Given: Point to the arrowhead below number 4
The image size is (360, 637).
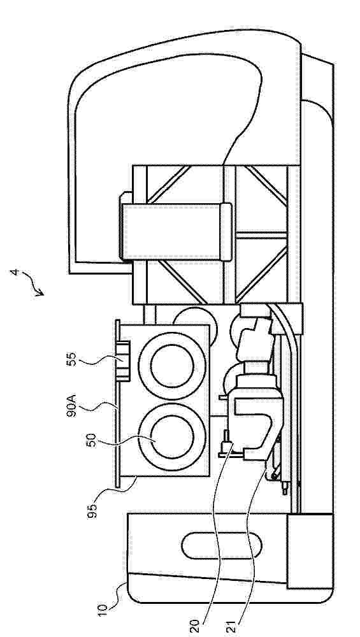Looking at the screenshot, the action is point(40,292).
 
